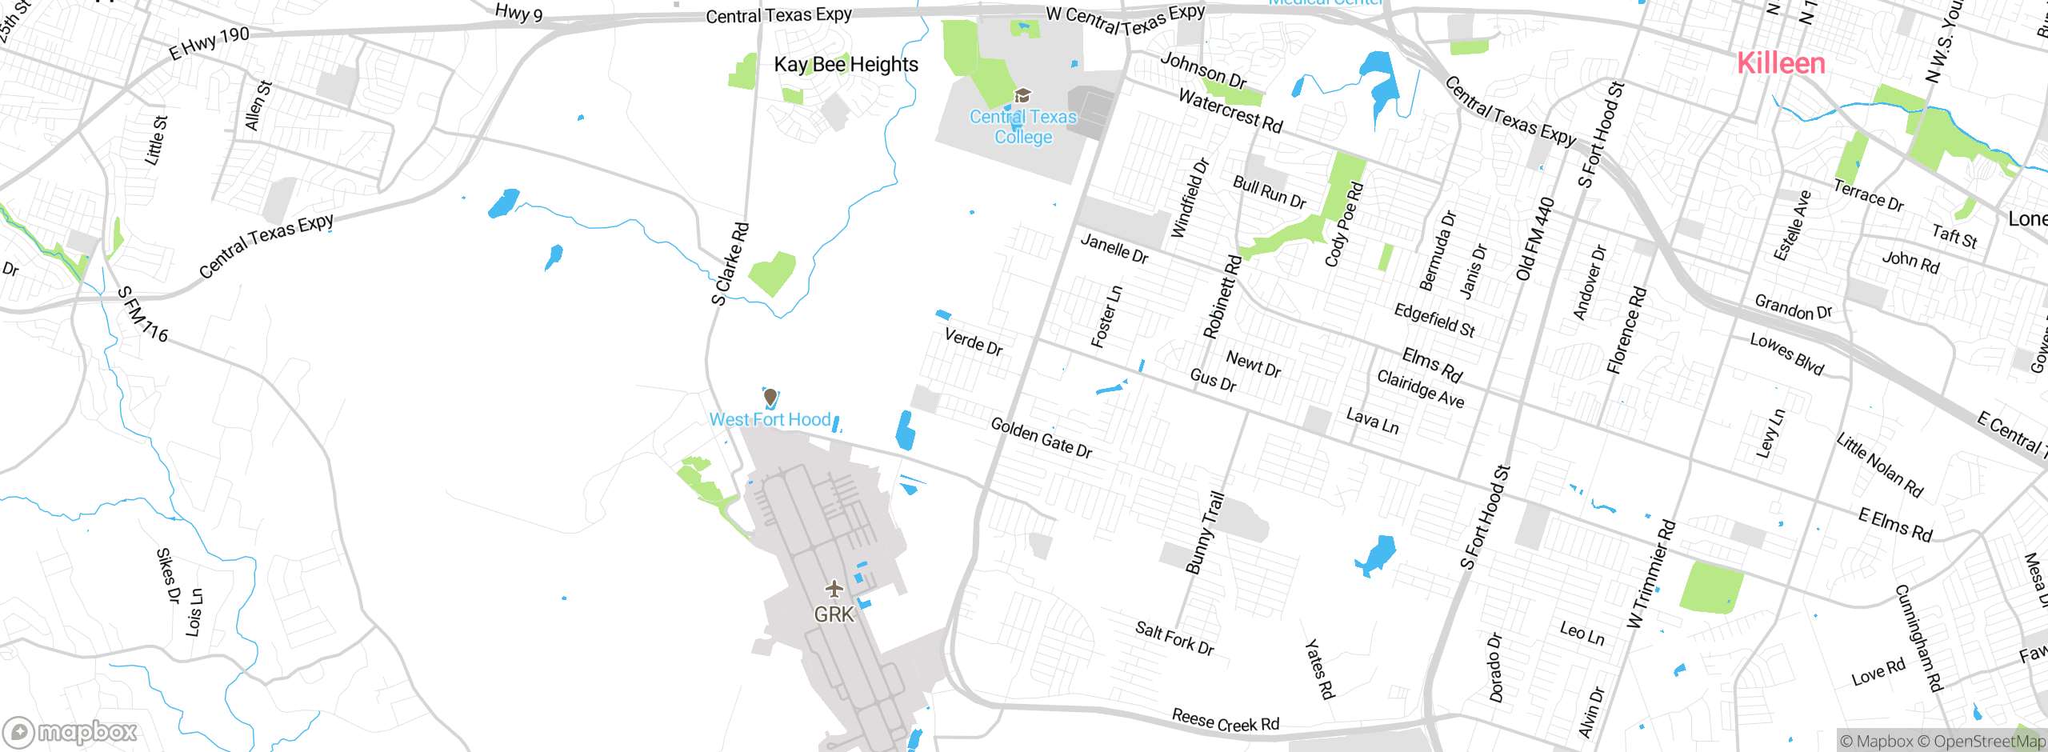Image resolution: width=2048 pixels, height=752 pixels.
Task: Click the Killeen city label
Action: pyautogui.click(x=1781, y=63)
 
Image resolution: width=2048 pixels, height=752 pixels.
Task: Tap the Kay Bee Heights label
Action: pyautogui.click(x=846, y=65)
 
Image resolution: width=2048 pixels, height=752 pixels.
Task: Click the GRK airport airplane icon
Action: pyautogui.click(x=834, y=590)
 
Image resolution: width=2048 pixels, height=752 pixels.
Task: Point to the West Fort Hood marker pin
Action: pyautogui.click(x=770, y=397)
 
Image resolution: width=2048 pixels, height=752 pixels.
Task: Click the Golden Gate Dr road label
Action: pyautogui.click(x=1041, y=438)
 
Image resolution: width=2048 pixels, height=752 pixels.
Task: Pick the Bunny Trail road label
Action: pyautogui.click(x=1205, y=532)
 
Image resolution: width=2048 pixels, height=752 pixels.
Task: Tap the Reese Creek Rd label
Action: pyautogui.click(x=1225, y=721)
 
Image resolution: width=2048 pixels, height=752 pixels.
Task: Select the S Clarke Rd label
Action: pyautogui.click(x=730, y=264)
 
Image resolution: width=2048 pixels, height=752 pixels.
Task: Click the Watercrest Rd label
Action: pyautogui.click(x=1230, y=111)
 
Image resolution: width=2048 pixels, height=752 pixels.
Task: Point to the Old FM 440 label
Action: pyautogui.click(x=1534, y=239)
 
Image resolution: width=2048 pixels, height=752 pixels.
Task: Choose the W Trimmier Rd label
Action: pyautogui.click(x=1650, y=574)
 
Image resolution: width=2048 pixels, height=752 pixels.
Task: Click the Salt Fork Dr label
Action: pyautogui.click(x=1174, y=638)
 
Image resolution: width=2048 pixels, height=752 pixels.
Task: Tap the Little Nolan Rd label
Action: pyautogui.click(x=1879, y=465)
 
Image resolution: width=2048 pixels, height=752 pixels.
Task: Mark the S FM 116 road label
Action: pyautogui.click(x=143, y=314)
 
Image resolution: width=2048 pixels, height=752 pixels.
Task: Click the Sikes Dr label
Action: pyautogui.click(x=168, y=575)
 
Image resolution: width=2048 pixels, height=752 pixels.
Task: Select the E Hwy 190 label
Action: pyautogui.click(x=210, y=43)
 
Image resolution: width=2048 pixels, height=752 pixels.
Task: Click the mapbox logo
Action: pyautogui.click(x=70, y=732)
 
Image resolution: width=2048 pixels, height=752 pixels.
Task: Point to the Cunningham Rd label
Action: pyautogui.click(x=1918, y=638)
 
